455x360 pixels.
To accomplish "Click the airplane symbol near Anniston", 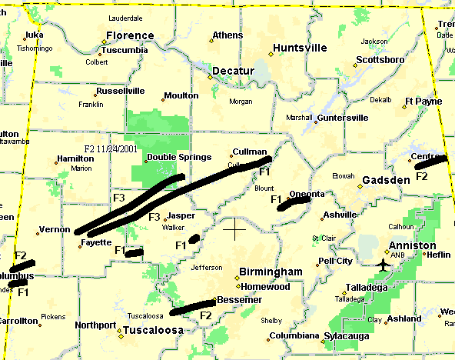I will tap(383, 265).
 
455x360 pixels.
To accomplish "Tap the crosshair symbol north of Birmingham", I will tap(234, 228).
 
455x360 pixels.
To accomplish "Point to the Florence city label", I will tap(130, 35).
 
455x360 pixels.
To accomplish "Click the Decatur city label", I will tap(233, 71).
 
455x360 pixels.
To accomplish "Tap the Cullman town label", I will tap(250, 152).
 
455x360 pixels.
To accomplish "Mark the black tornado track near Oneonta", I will tap(295, 201).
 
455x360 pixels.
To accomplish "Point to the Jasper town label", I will tap(181, 216).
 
